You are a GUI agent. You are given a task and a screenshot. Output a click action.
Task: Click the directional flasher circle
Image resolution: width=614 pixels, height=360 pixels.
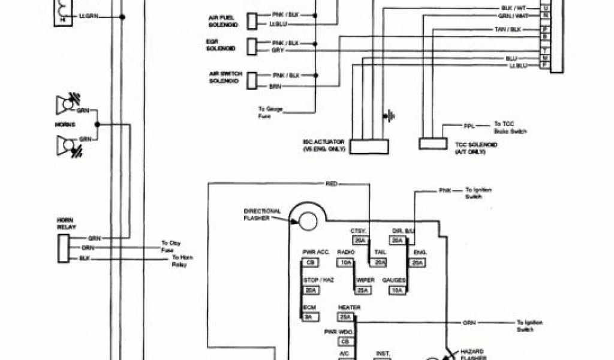(308, 221)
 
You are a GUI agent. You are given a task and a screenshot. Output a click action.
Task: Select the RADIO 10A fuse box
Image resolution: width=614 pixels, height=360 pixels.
(345, 263)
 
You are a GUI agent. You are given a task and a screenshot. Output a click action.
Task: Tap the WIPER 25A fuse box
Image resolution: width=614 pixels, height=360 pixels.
(362, 290)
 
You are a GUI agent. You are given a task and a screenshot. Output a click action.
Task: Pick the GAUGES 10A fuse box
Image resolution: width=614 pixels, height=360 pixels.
(397, 290)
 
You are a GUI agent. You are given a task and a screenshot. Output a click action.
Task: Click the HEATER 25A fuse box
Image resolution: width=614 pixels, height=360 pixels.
(345, 317)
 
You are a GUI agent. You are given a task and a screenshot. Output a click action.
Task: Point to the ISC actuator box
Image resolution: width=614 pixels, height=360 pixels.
(369, 146)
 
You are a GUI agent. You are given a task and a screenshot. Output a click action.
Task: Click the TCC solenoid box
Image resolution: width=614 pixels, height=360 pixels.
(433, 144)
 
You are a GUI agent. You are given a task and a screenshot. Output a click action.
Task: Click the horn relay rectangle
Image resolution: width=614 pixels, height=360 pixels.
(63, 248)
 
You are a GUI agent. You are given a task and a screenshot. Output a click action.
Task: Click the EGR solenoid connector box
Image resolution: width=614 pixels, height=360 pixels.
(253, 47)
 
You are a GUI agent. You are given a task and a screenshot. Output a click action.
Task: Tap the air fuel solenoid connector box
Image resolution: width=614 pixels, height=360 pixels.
(253, 22)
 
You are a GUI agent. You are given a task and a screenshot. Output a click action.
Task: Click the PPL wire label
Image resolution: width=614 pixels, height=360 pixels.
(468, 127)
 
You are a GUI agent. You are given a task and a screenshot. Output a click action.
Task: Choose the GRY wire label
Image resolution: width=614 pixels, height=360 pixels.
(277, 51)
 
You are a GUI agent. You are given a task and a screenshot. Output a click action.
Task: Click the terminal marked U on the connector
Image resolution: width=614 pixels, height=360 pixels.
(545, 8)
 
